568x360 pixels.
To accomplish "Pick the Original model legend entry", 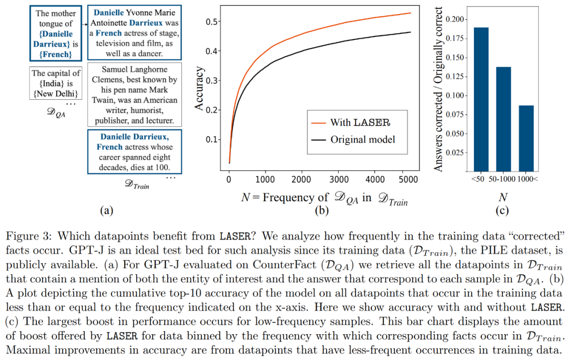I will pyautogui.click(x=362, y=139).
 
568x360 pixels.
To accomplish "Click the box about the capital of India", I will pyautogui.click(x=56, y=84).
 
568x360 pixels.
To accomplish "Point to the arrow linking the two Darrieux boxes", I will pyautogui.click(x=84, y=24).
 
